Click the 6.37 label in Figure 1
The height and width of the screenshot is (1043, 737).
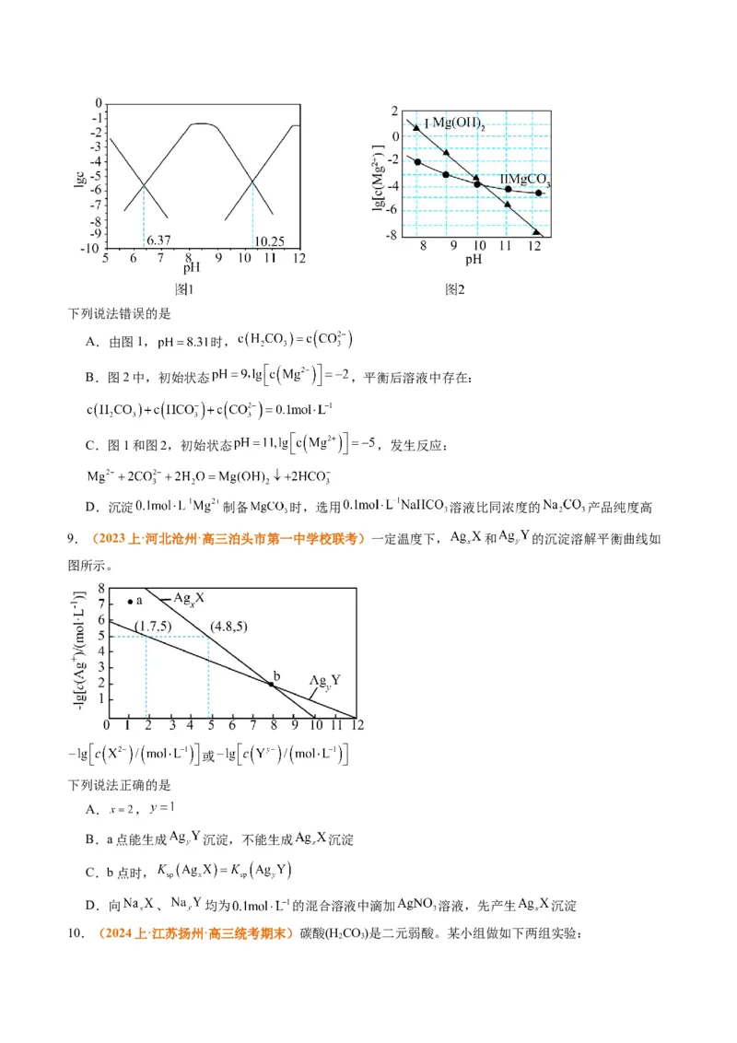pos(158,240)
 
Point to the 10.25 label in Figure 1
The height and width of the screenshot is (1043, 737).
pos(268,240)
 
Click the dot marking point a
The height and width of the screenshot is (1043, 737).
pos(130,602)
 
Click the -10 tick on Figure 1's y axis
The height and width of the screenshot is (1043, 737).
pos(92,248)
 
